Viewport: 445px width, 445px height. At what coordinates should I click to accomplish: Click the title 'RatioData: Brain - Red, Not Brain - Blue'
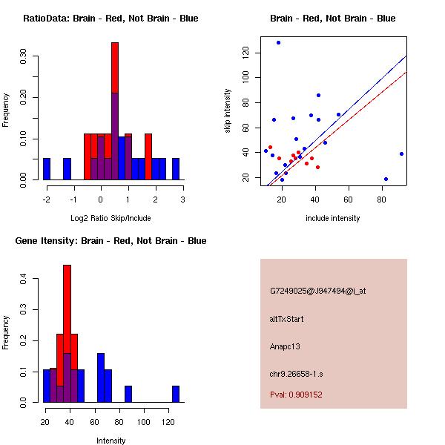[111, 19]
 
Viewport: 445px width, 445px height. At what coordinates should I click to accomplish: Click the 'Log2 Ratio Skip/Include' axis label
[111, 218]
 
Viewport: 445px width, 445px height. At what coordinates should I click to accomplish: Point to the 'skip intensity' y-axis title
[228, 111]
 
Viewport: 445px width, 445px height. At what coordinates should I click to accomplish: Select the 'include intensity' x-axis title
[332, 218]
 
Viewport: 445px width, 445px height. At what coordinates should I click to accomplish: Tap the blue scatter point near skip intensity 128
[278, 42]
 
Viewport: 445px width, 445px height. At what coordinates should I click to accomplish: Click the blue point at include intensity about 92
[401, 154]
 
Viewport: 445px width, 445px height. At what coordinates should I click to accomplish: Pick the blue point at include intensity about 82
[386, 179]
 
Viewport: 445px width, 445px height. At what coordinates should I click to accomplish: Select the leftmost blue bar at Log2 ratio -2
[47, 169]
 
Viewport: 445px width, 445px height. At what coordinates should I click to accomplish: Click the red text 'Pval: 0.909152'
[296, 395]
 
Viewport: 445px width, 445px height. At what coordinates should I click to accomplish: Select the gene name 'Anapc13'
[285, 346]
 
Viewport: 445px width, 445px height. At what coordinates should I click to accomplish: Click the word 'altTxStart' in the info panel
[287, 319]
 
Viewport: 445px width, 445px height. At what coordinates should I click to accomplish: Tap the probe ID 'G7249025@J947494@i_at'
[317, 291]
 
